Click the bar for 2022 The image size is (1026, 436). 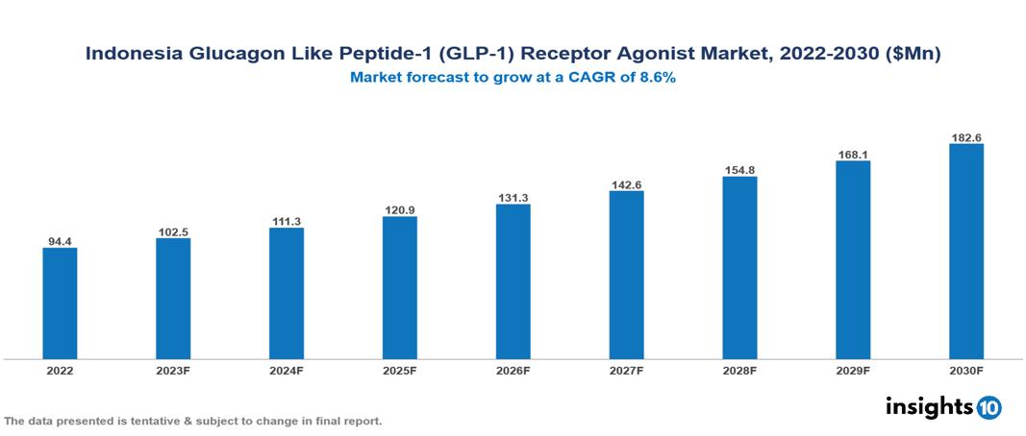[x=60, y=303]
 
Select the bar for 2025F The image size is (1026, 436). [x=400, y=287]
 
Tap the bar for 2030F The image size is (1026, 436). [x=966, y=252]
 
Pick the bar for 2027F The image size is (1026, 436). [x=626, y=275]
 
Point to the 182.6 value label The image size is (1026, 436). [x=966, y=136]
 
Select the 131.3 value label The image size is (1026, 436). [x=513, y=197]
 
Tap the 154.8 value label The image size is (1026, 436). [x=739, y=170]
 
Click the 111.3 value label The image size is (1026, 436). [x=287, y=220]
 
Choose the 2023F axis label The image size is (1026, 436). [x=173, y=371]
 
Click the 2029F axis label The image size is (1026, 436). [x=853, y=371]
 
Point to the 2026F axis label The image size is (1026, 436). [x=513, y=371]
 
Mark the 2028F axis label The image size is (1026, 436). [x=739, y=371]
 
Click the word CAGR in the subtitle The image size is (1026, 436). [x=595, y=79]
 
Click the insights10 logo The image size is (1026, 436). [x=943, y=407]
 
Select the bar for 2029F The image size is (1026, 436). [x=853, y=259]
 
